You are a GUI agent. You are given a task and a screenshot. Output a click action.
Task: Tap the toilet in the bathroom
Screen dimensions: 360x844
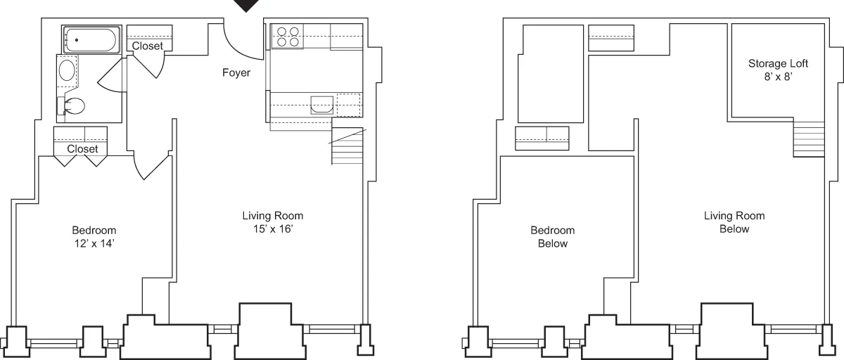72,107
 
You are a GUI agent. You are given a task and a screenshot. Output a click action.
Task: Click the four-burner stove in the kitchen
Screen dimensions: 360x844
286,37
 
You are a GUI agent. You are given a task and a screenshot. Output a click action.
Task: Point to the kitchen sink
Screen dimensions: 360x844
321,105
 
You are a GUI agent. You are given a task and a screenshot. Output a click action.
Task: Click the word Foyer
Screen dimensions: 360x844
236,72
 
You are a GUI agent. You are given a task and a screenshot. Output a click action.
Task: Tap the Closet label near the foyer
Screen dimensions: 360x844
148,46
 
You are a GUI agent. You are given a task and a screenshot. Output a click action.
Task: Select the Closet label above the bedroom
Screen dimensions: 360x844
82,149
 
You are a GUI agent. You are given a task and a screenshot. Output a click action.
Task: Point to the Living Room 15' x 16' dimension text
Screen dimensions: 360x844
272,229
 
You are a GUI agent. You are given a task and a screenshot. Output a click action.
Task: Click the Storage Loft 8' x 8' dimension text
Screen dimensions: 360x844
777,78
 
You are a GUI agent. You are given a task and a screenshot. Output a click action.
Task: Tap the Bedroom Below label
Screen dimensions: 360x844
552,237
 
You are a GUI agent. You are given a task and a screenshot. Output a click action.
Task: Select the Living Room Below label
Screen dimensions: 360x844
734,222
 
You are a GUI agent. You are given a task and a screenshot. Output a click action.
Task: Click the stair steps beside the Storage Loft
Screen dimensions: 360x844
809,139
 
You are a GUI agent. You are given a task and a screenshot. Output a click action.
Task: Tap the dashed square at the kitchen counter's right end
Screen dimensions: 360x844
348,105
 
